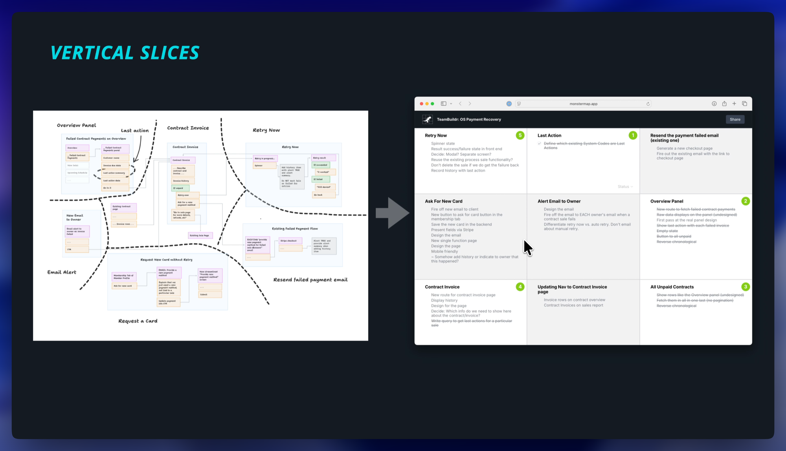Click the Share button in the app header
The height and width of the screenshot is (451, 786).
point(735,119)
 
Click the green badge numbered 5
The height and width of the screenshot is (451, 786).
point(520,135)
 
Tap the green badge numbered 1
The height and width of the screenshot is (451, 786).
point(633,135)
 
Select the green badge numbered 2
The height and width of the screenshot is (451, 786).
point(746,201)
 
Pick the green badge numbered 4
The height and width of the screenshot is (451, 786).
point(520,287)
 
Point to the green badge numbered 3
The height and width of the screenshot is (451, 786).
point(746,287)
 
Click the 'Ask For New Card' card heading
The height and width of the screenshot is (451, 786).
point(443,201)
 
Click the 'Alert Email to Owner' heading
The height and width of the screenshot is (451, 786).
point(559,201)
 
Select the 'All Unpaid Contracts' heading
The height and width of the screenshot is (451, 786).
point(672,287)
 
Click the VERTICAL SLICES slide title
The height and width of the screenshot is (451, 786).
point(125,53)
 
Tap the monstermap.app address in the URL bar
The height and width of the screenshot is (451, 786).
point(583,104)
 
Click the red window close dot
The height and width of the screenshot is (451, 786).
point(421,104)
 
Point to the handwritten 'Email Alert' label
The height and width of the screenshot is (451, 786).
point(62,272)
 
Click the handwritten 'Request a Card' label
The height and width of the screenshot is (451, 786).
point(138,321)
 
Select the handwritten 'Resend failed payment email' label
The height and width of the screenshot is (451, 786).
point(310,280)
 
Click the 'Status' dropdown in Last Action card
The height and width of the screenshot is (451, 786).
point(625,187)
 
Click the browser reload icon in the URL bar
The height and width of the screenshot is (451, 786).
point(648,104)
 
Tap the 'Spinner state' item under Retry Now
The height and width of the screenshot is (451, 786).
point(443,144)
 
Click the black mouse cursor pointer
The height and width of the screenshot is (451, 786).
point(527,247)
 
